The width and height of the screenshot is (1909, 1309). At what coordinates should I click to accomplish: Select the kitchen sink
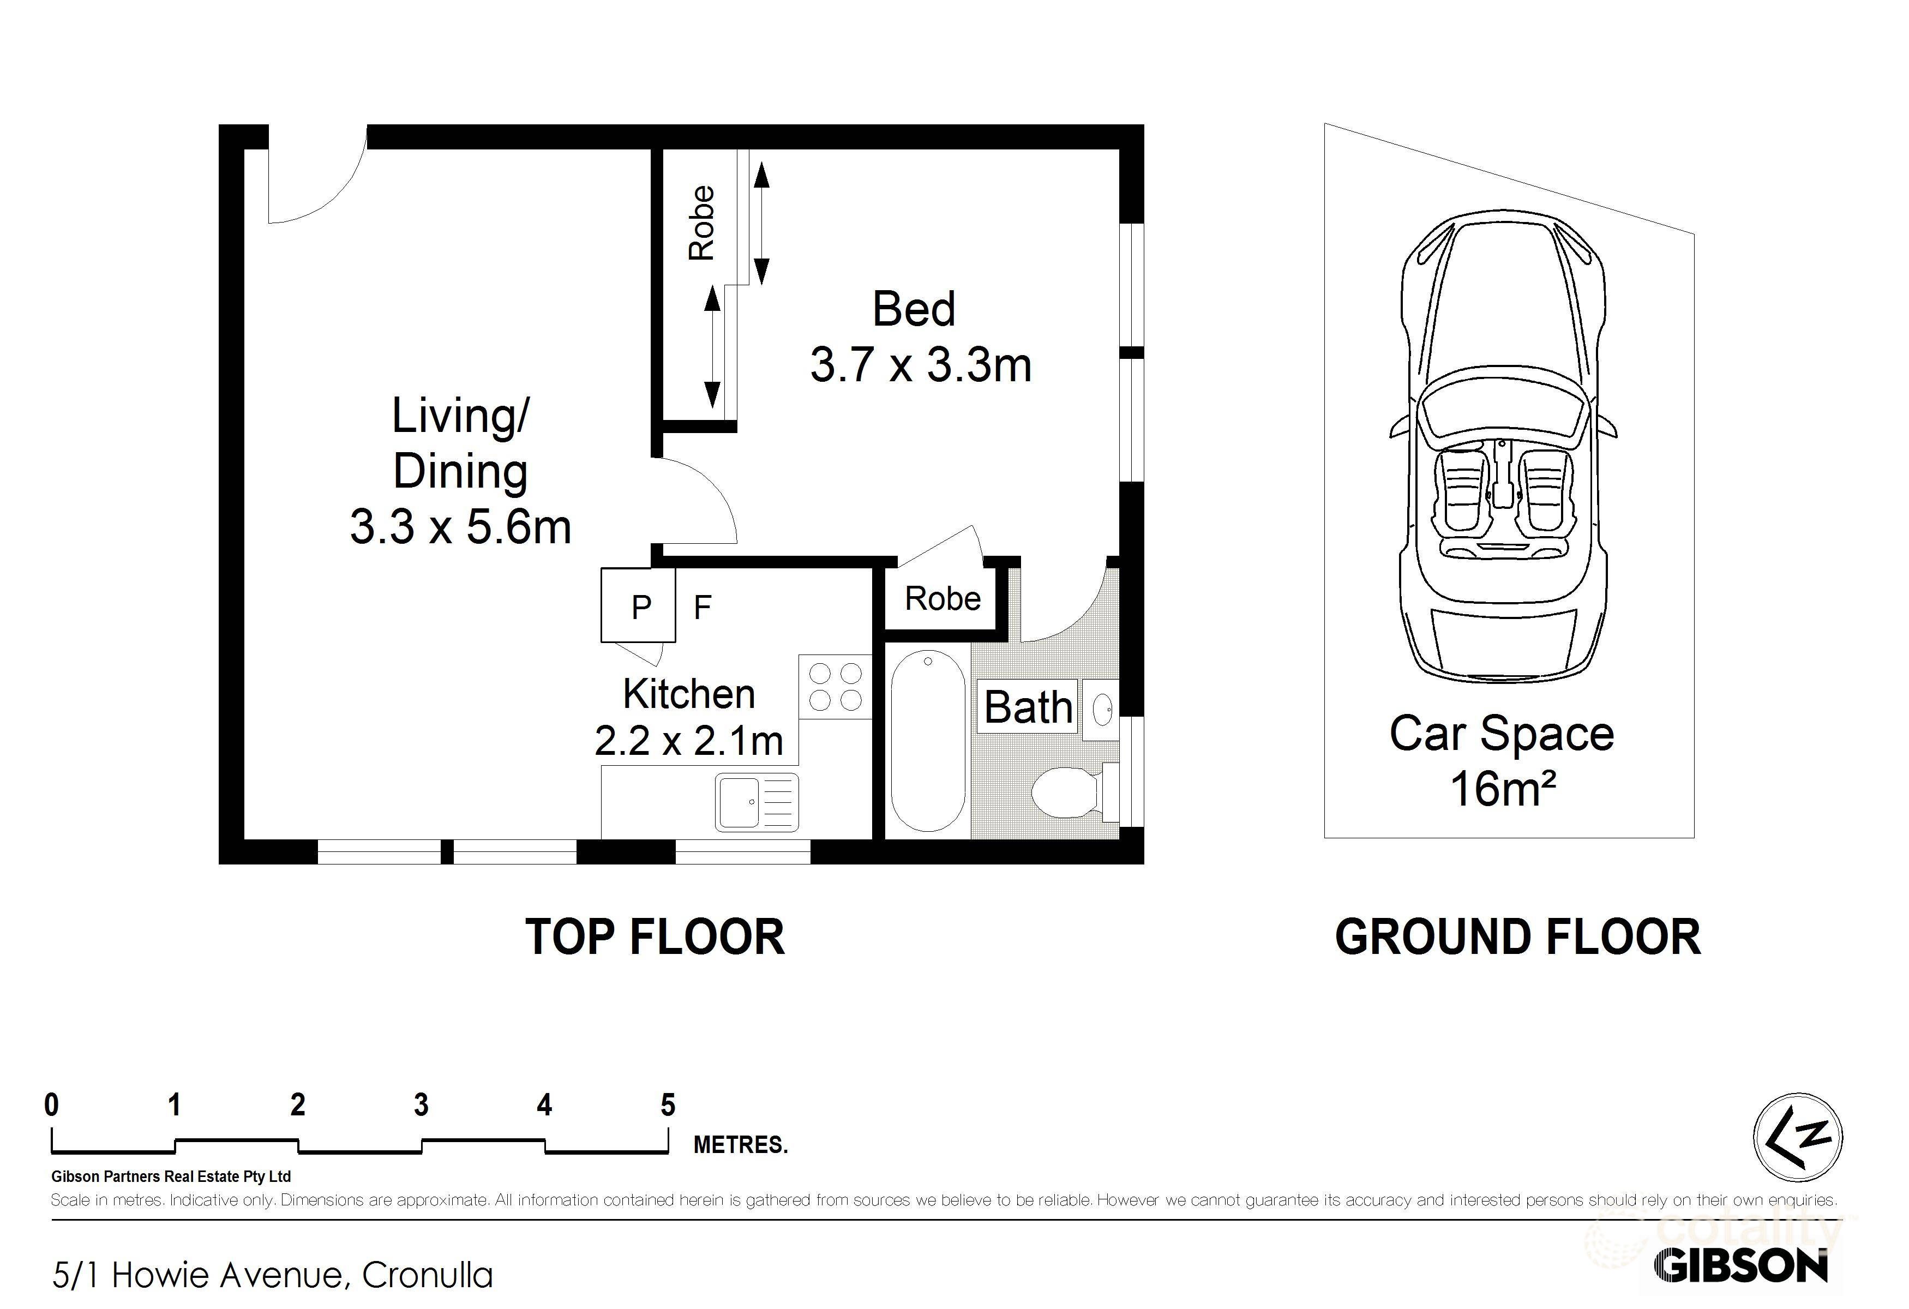(x=757, y=802)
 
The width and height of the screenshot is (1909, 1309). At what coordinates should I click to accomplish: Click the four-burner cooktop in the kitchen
(x=835, y=687)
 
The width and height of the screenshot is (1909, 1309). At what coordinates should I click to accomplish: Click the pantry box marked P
(x=638, y=605)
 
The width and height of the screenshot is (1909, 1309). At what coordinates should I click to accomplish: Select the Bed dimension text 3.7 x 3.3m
(x=921, y=365)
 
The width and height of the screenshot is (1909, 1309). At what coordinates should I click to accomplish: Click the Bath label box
(x=1028, y=706)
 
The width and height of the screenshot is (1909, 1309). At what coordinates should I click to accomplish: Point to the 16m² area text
(x=1503, y=788)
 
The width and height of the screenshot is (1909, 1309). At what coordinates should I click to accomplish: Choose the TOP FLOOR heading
(x=655, y=937)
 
